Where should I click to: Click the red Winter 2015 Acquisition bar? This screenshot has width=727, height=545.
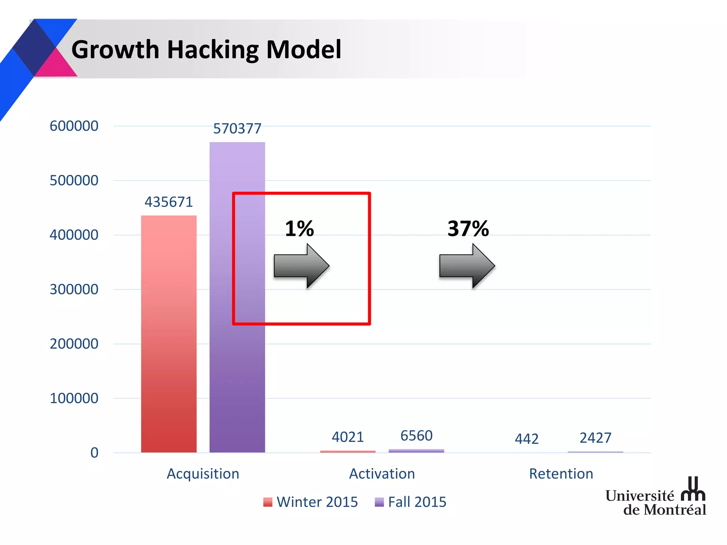coord(169,334)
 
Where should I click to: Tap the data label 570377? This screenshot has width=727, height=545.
coord(237,128)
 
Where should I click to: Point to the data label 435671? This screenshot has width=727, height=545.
coord(169,202)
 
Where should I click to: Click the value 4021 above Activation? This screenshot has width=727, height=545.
coord(348,437)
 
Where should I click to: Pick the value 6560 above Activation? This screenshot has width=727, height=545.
coord(416,436)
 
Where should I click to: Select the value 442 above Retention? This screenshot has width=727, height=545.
coord(527,439)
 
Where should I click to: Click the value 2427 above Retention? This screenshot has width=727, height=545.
coord(595,438)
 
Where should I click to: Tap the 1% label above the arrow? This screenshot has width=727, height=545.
coord(299,229)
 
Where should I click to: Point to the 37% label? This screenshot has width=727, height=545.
coord(468,229)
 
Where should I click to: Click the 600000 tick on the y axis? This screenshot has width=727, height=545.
coord(74,126)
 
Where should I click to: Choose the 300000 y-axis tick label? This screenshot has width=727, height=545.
coord(74,290)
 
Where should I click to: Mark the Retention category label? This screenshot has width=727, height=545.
coord(561,474)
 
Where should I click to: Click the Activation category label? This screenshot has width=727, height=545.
coord(382,474)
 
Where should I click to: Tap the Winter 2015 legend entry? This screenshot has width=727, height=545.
coord(311,502)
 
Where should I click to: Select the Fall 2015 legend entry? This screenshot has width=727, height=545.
coord(411,502)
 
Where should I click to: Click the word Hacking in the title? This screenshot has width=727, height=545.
coord(213,50)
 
